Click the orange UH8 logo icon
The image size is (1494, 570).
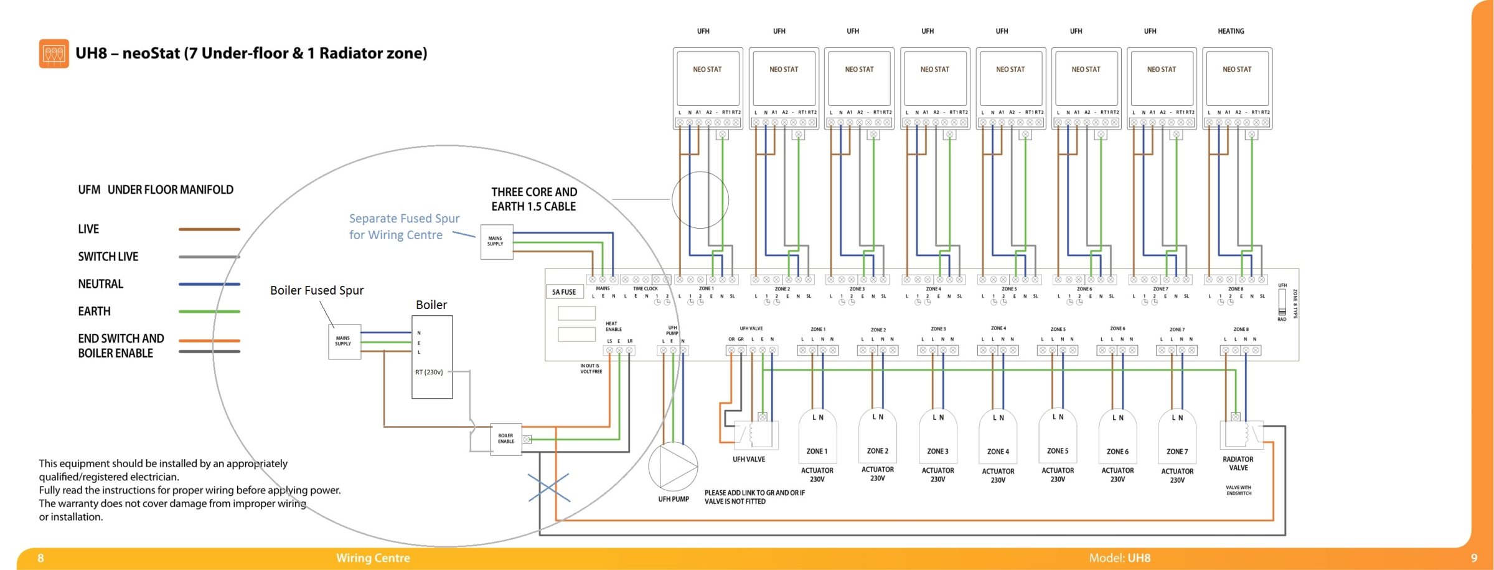54,54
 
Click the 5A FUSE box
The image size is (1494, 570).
564,292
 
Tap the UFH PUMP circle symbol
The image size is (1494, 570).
673,467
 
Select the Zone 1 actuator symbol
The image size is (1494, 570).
817,437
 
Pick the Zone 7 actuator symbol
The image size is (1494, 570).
1177,437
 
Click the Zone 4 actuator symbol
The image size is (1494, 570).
998,437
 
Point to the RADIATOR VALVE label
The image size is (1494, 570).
1238,463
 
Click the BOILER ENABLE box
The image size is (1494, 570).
506,439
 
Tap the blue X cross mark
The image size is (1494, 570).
548,487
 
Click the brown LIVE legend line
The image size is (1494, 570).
209,229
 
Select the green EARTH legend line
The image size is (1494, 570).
209,311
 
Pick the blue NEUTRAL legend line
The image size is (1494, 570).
209,284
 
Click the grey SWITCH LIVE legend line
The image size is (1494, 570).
209,257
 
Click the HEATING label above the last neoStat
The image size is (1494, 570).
1231,31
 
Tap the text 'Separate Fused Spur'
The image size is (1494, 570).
404,219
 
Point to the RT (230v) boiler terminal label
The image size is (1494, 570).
429,372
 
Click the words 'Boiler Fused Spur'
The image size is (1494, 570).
317,290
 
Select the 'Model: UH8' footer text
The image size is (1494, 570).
1119,558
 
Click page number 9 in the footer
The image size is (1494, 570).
1473,558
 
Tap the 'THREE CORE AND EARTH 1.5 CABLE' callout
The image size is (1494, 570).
534,199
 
